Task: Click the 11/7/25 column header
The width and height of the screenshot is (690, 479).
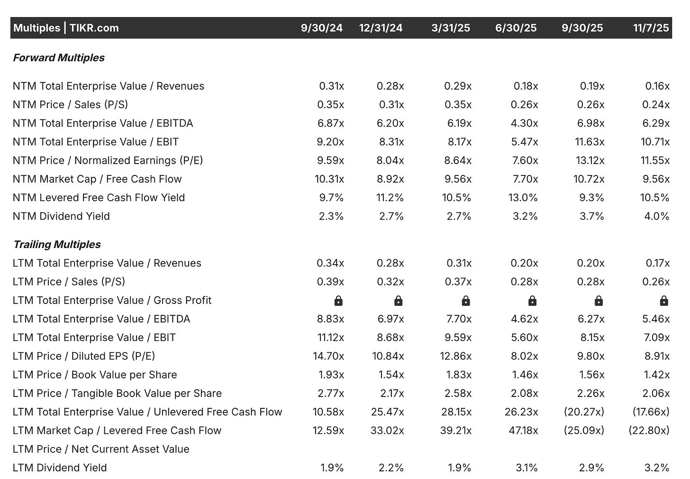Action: point(651,28)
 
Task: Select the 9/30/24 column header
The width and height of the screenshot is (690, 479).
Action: point(321,28)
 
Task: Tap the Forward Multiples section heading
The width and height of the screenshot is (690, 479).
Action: point(59,58)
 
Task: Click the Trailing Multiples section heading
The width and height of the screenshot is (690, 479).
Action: point(57,245)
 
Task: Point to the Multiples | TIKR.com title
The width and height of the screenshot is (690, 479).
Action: point(66,28)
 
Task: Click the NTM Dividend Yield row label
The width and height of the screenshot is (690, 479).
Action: point(61,216)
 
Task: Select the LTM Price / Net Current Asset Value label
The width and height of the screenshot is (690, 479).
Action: point(101,449)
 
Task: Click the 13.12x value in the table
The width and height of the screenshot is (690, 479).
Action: point(590,160)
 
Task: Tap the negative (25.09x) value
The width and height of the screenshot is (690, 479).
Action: point(584,431)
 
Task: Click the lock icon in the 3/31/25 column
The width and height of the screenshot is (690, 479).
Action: point(465,301)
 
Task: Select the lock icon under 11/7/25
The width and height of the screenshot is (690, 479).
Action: point(664,301)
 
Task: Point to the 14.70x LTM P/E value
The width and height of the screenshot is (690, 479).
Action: point(330,356)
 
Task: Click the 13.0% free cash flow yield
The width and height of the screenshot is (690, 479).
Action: point(523,198)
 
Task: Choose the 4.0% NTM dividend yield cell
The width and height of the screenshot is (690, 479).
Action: point(657,216)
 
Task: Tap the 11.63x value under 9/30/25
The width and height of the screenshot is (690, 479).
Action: point(590,142)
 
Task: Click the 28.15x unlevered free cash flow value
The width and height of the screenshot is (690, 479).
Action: point(456,412)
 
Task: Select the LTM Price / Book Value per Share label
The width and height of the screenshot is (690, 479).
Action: point(95,375)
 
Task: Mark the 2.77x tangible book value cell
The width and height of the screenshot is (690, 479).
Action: point(331,394)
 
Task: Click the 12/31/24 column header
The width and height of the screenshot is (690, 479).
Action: point(381,28)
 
